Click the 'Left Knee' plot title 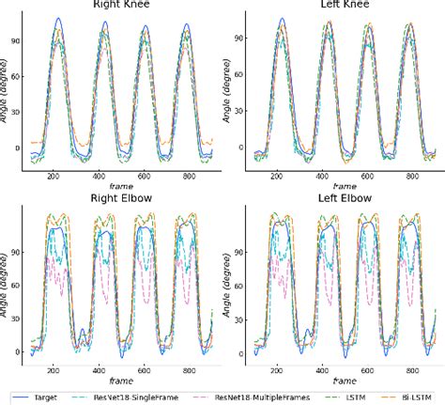click(334, 5)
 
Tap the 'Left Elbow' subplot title click(334, 198)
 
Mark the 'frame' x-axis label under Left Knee click(334, 186)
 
